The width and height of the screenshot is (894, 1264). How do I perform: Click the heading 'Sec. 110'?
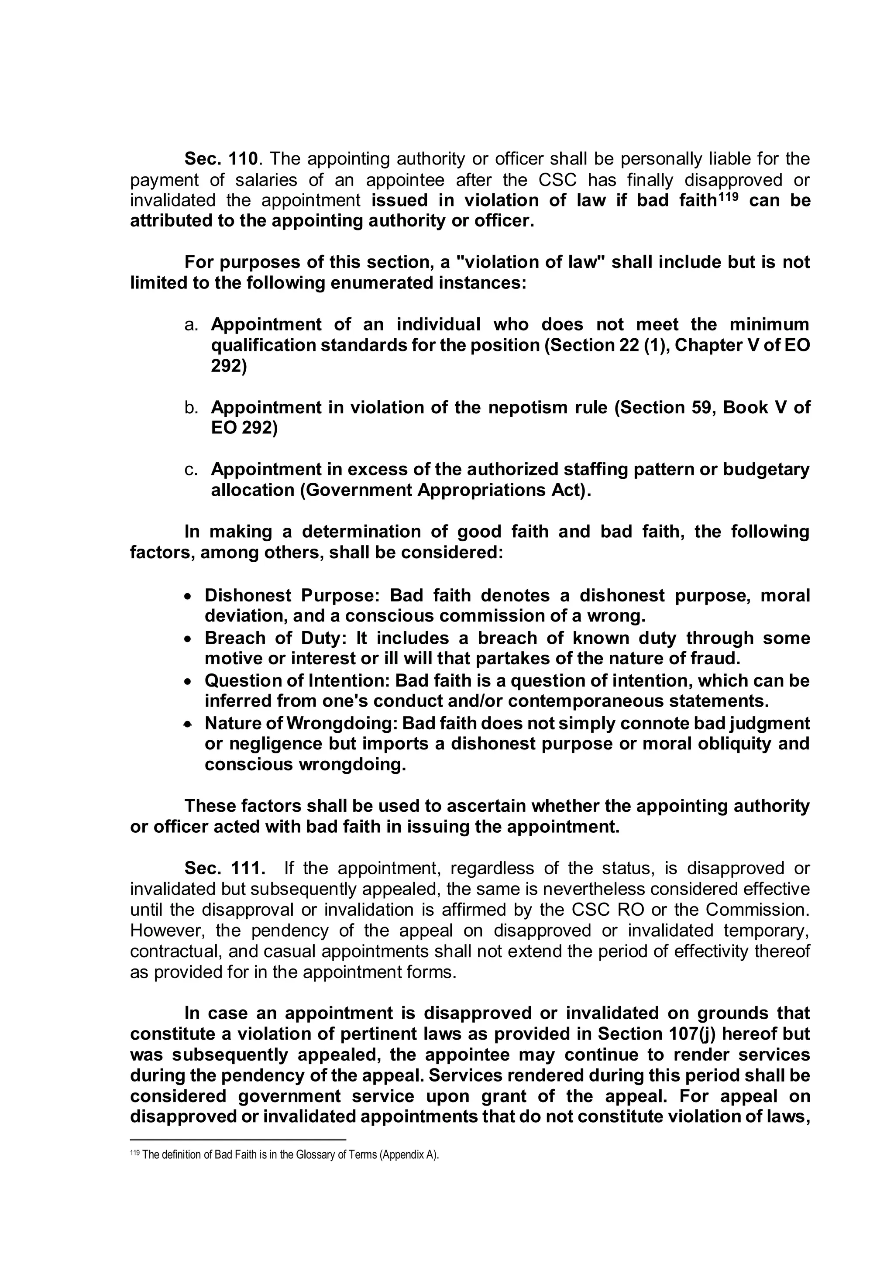tap(221, 159)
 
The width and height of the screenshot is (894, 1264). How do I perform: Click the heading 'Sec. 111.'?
tap(225, 868)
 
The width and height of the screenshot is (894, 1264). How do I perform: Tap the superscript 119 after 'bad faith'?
tap(726, 196)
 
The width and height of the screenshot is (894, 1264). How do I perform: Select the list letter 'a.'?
tap(191, 325)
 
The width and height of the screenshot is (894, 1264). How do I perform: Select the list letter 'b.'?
tap(191, 408)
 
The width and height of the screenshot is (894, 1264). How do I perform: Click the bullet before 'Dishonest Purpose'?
tap(188, 597)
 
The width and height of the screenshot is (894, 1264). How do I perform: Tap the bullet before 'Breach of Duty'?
tap(188, 639)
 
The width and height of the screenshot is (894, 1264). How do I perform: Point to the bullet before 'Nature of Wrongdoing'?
tap(188, 725)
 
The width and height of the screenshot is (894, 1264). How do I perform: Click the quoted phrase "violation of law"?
tap(531, 262)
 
